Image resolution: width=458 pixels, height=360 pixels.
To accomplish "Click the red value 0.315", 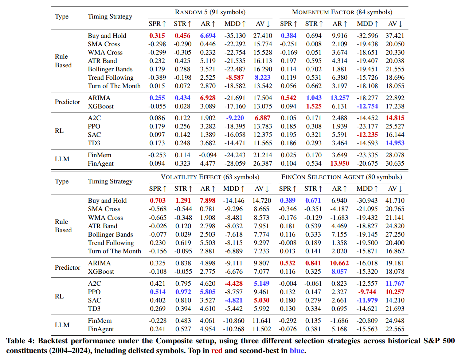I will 157,36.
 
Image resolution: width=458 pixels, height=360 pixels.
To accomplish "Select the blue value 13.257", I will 340,98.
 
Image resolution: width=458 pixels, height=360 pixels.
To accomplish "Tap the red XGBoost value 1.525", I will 314,106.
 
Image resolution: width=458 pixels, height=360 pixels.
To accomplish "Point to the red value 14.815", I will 395,118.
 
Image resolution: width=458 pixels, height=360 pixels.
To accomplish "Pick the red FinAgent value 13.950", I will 340,163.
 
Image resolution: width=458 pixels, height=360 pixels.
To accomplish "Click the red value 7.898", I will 207,201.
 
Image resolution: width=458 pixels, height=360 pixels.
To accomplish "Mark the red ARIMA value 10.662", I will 339,263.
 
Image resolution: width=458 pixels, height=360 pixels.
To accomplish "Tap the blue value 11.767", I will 395,284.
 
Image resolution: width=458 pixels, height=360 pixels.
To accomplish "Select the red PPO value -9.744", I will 367,292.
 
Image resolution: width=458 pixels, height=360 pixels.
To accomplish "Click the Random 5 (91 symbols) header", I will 210,12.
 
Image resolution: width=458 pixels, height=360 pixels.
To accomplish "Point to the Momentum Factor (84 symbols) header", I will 342,12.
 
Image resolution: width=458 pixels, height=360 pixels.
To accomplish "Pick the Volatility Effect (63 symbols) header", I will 210,177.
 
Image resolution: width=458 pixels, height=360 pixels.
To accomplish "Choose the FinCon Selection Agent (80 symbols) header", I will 342,177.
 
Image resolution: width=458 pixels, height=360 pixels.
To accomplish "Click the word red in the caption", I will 217,351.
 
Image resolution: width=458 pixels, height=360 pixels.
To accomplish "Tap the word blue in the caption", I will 297,351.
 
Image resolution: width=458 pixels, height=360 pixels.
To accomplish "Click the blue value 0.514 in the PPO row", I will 158,292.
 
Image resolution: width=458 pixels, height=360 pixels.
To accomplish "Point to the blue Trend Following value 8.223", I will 262,78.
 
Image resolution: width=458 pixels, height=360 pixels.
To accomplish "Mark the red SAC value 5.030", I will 262,300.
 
